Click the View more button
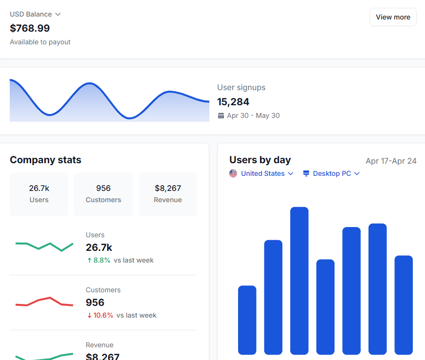393,17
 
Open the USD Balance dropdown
36,14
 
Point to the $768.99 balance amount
30,28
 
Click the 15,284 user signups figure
233,102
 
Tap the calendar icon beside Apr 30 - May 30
221,116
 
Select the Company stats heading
45,160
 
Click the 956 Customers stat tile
103,194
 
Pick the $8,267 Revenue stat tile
168,194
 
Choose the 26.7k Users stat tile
39,194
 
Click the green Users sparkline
44,246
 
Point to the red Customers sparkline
44,302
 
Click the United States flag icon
233,173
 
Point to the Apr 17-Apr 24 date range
391,161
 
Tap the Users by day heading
260,160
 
